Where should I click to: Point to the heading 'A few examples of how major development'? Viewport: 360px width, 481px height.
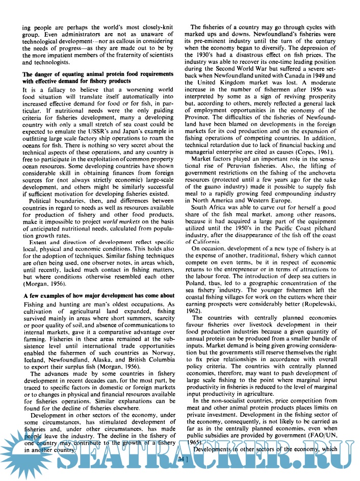point(92,296)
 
